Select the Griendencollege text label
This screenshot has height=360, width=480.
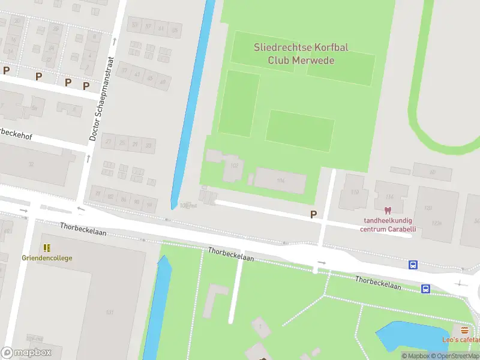tap(47, 258)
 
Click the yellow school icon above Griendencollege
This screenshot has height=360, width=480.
tap(46, 247)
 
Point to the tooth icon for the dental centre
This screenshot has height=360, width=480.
tap(386, 211)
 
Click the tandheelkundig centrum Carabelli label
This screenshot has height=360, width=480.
tap(388, 225)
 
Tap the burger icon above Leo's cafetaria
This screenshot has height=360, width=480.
tap(464, 330)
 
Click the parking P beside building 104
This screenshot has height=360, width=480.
tap(313, 214)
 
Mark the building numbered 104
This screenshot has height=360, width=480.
tap(280, 181)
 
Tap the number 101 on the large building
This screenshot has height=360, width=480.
tap(110, 312)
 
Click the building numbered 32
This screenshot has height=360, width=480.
tap(30, 163)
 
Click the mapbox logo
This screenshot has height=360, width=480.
tap(26, 353)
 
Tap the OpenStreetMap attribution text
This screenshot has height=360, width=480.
tap(457, 356)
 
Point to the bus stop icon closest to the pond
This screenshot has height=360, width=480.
tap(425, 289)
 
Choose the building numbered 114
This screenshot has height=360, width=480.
tap(390, 197)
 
